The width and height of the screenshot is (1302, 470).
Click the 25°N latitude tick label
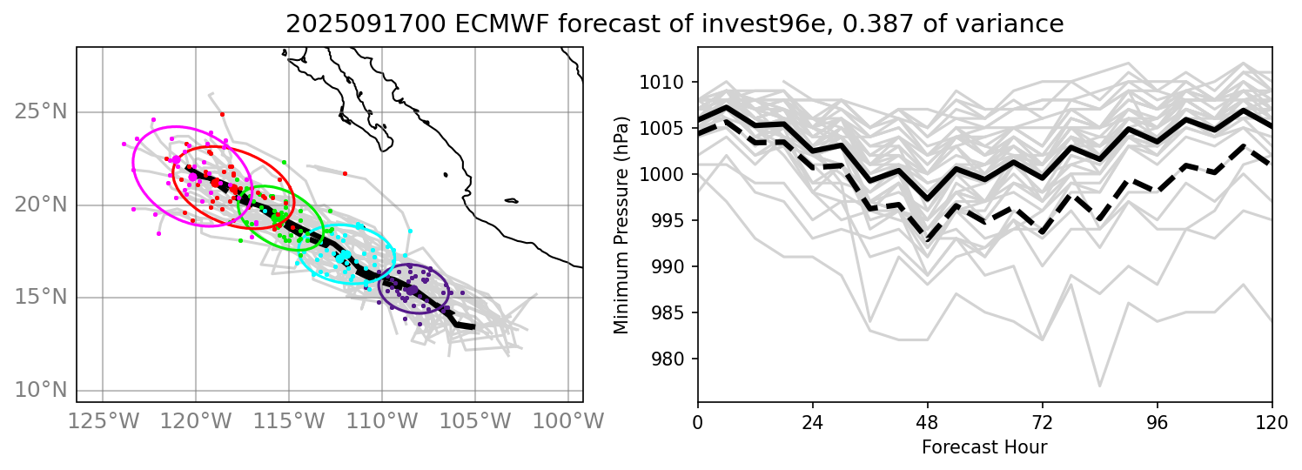pyautogui.click(x=41, y=112)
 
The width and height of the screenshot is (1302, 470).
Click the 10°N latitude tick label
pyautogui.click(x=41, y=389)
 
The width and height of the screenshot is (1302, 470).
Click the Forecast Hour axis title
pyautogui.click(x=984, y=447)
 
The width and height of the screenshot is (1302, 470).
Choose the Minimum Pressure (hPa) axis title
pyautogui.click(x=621, y=225)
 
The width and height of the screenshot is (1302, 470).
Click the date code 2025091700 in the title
pyautogui.click(x=359, y=24)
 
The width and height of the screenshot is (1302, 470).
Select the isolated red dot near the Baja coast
pyautogui.click(x=345, y=173)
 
